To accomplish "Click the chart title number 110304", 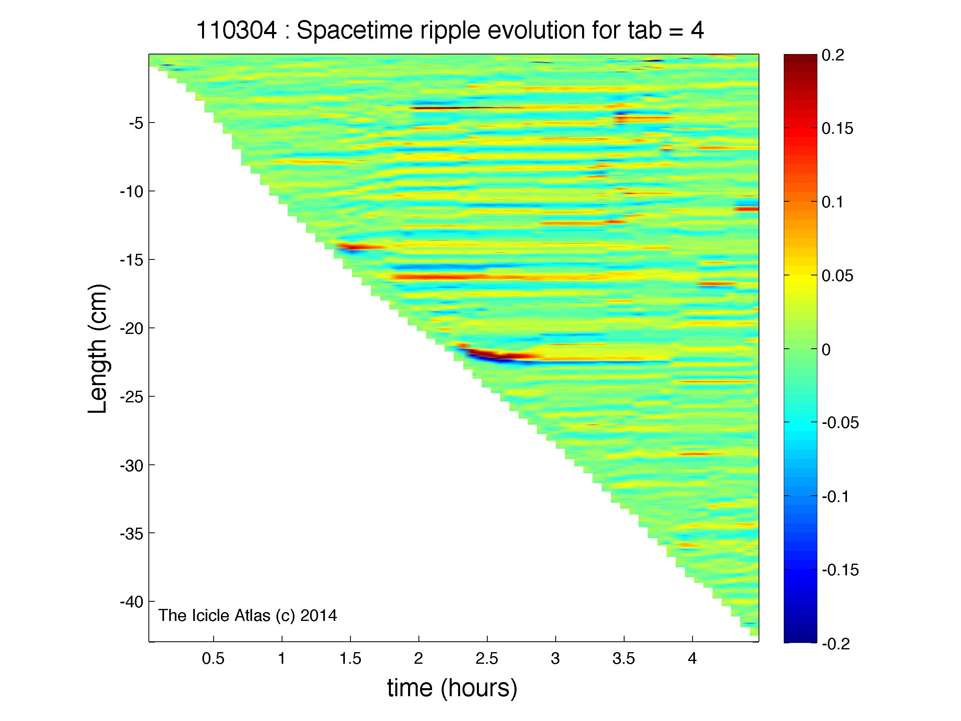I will [236, 31].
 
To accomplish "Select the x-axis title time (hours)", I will [452, 688].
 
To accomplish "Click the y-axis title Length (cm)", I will [98, 349].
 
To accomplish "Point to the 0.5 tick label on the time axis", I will [213, 659].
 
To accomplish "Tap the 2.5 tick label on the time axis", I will [487, 659].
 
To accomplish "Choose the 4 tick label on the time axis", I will [692, 659].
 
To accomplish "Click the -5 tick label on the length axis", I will [136, 123].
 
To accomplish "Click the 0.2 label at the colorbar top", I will [833, 56].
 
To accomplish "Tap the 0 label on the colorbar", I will [826, 349].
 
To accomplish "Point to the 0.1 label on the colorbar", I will [833, 203].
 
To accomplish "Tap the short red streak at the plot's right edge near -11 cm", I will [747, 209].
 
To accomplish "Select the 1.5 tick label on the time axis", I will [350, 659].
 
